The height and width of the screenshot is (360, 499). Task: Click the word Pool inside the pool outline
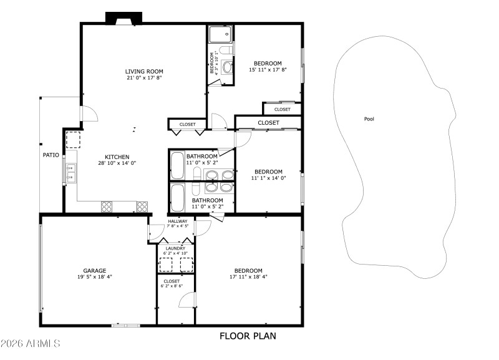pyautogui.click(x=369, y=119)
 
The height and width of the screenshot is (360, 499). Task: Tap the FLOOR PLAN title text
pyautogui.click(x=247, y=336)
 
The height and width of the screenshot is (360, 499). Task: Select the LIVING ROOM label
pyautogui.click(x=144, y=71)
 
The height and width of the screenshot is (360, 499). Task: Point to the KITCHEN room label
pyautogui.click(x=117, y=157)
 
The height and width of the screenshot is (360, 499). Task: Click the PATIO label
pyautogui.click(x=51, y=155)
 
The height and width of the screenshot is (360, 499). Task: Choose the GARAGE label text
pyautogui.click(x=95, y=271)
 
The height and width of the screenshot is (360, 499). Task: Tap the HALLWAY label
pyautogui.click(x=178, y=220)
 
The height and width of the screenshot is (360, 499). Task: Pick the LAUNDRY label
pyautogui.click(x=175, y=248)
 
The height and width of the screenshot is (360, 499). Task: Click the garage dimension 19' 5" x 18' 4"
pyautogui.click(x=95, y=277)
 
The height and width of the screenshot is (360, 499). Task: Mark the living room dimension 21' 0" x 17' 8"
pyautogui.click(x=144, y=78)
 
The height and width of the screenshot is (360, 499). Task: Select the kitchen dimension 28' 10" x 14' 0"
pyautogui.click(x=117, y=163)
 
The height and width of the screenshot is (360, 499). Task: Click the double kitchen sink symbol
pyautogui.click(x=70, y=172)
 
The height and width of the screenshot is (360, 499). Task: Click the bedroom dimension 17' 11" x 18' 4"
pyautogui.click(x=248, y=277)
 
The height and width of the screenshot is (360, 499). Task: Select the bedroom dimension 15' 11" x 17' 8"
pyautogui.click(x=268, y=70)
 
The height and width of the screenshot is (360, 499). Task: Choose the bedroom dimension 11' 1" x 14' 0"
pyautogui.click(x=268, y=178)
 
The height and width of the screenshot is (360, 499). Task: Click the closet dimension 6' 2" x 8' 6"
pyautogui.click(x=172, y=286)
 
